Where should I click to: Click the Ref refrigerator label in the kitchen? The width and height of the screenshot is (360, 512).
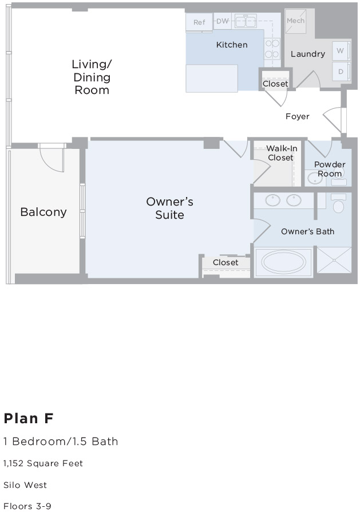[x=199, y=22]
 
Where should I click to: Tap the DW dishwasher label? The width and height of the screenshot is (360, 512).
[x=222, y=22]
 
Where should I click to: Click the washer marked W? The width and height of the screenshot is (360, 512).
[x=341, y=51]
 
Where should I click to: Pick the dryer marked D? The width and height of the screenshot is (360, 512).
[x=341, y=72]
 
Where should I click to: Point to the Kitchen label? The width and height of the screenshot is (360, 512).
[x=232, y=45]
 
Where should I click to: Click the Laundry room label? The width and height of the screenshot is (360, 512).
[x=307, y=54]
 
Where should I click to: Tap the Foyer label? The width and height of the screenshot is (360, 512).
[x=298, y=116]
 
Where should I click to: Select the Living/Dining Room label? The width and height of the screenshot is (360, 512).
[x=92, y=77]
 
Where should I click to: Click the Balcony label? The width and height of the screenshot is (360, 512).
[x=43, y=212]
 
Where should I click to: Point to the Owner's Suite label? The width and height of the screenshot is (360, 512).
[x=170, y=208]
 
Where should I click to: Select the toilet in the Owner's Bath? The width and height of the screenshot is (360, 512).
[x=338, y=205]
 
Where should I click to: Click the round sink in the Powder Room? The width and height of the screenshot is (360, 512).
[x=314, y=179]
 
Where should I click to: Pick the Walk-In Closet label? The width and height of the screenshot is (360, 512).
[x=281, y=153]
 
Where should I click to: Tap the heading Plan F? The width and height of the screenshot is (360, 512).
[x=28, y=419]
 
